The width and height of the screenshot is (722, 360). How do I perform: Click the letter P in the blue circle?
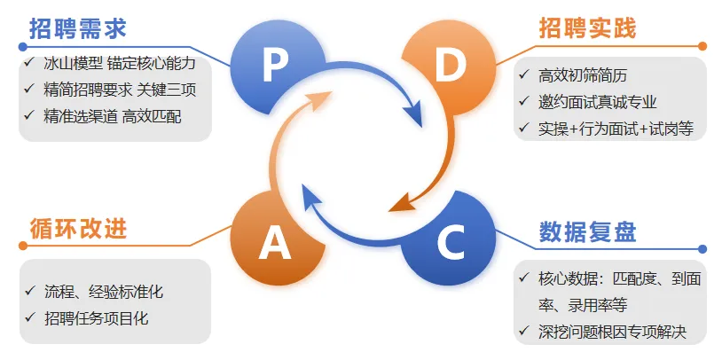tap(275, 63)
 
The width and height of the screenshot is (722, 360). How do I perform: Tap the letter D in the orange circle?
tap(449, 66)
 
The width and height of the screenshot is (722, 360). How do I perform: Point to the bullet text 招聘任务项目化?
tap(97, 317)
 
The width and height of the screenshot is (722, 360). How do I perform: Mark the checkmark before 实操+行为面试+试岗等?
tap(524, 128)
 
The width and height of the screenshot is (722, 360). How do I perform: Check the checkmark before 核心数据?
tap(524, 278)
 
